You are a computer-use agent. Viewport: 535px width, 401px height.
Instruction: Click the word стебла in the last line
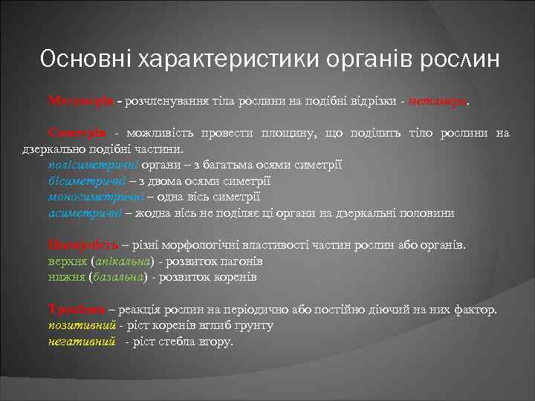[175, 342]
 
